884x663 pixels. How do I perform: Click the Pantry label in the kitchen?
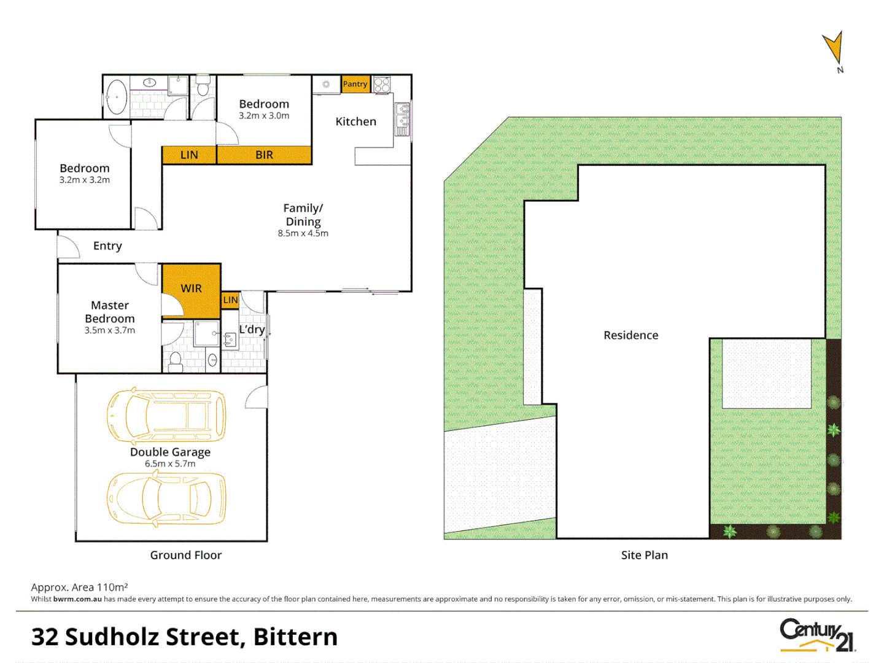pos(355,84)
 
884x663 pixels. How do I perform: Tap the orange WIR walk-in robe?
pos(191,289)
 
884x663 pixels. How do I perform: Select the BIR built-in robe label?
pos(264,155)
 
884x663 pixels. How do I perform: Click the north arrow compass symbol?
pos(834,49)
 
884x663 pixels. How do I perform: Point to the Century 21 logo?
pos(817,635)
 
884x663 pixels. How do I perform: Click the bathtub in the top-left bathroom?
pos(117,97)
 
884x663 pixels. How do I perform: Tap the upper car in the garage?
pos(166,416)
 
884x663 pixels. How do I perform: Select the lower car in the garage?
pos(166,498)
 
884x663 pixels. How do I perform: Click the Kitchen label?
pos(356,122)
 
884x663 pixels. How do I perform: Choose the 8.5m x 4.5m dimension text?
pos(303,234)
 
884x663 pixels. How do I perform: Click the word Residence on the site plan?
pos(630,335)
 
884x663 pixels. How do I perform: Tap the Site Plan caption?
pos(644,555)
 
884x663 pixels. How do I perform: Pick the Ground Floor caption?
pos(185,555)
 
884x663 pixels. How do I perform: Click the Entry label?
pos(107,246)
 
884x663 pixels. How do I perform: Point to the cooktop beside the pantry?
pos(382,84)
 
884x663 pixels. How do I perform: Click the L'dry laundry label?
pos(252,330)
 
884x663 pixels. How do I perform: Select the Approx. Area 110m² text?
pos(79,587)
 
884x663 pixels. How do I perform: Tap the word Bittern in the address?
pos(295,637)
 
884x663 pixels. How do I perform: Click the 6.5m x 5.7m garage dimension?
pos(170,464)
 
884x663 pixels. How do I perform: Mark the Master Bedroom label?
pos(110,312)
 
